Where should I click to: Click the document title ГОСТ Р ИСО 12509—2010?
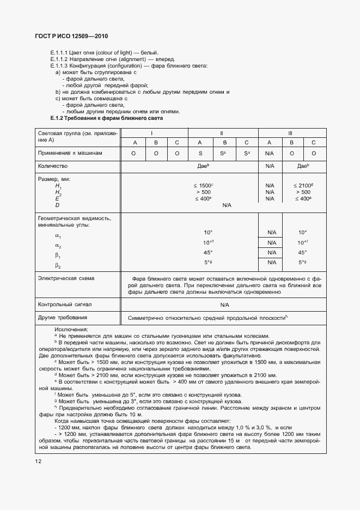pos(72,37)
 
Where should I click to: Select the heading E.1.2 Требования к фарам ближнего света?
pos(106,118)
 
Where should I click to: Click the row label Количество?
pos(52,166)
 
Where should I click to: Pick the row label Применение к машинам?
pos(70,154)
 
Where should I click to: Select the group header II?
pos(223,133)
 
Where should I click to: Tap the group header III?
pos(291,133)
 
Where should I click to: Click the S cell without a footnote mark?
pos(200,154)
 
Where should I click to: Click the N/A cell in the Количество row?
pos(270,166)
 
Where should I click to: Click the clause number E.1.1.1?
pos(58,52)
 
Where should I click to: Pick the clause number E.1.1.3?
pos(58,65)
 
